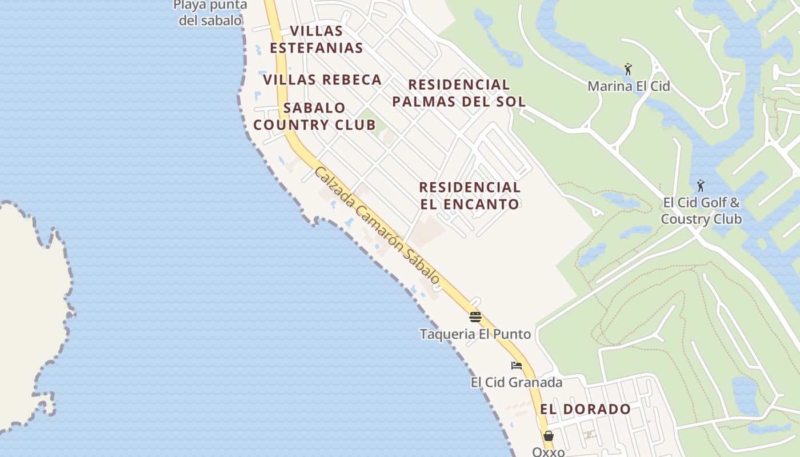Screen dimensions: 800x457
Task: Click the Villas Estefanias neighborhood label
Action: click(x=316, y=39)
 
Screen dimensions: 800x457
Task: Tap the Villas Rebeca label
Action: click(x=322, y=79)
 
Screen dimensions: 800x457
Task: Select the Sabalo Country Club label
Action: click(x=314, y=116)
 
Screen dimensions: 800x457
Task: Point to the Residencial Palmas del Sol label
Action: click(x=459, y=93)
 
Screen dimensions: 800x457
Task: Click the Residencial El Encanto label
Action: click(x=470, y=195)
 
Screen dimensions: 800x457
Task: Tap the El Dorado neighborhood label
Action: click(x=585, y=409)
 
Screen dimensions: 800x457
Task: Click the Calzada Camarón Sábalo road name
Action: click(x=378, y=226)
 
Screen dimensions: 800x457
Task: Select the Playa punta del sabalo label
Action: click(x=210, y=13)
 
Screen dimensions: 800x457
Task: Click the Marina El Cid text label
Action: click(x=629, y=86)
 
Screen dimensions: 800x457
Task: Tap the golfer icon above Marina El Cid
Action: click(x=629, y=70)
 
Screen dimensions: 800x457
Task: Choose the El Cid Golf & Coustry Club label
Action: click(x=701, y=211)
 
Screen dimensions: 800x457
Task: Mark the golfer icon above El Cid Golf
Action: click(x=701, y=186)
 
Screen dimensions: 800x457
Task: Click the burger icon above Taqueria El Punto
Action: click(x=475, y=316)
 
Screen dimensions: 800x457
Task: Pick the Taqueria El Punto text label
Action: click(x=475, y=334)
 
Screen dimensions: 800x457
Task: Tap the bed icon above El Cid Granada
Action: click(x=517, y=366)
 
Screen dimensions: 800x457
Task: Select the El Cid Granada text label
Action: click(x=517, y=382)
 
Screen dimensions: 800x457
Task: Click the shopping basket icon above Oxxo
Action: click(x=549, y=436)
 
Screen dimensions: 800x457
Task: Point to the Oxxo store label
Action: click(x=549, y=451)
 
